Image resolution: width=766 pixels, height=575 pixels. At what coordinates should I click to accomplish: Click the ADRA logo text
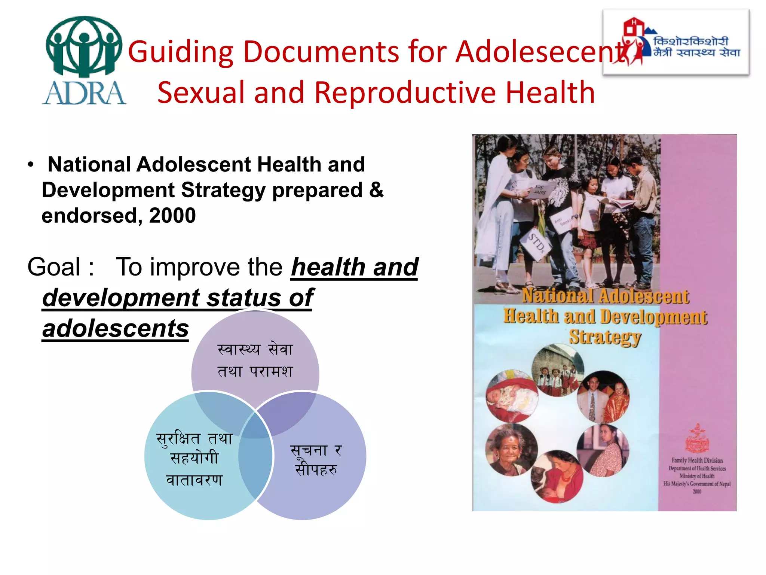[x=84, y=93]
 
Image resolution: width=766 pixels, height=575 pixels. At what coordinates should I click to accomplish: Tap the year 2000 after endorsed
[x=172, y=216]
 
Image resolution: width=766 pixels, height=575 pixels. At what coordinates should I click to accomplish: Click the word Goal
[x=54, y=267]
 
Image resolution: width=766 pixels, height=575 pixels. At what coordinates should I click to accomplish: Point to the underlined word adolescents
[x=115, y=329]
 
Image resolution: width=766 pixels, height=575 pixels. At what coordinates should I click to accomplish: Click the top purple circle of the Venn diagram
[x=255, y=359]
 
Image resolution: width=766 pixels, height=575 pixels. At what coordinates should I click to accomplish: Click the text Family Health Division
[x=697, y=460]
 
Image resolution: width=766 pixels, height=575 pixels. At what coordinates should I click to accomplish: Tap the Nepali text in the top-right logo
[x=696, y=47]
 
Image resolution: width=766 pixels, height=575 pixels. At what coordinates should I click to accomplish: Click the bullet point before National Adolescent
[x=31, y=165]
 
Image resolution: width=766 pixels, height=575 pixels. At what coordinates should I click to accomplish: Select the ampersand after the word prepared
[x=376, y=190]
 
